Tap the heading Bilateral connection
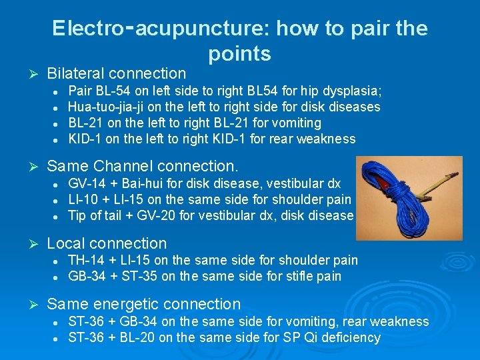click(x=117, y=73)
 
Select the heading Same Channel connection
click(x=143, y=165)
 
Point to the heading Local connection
click(x=107, y=243)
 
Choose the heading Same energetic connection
click(x=143, y=304)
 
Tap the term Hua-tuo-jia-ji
click(x=109, y=107)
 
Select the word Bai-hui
click(x=147, y=183)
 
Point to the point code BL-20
click(x=141, y=337)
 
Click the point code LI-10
click(x=85, y=199)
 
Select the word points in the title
click(x=239, y=53)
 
